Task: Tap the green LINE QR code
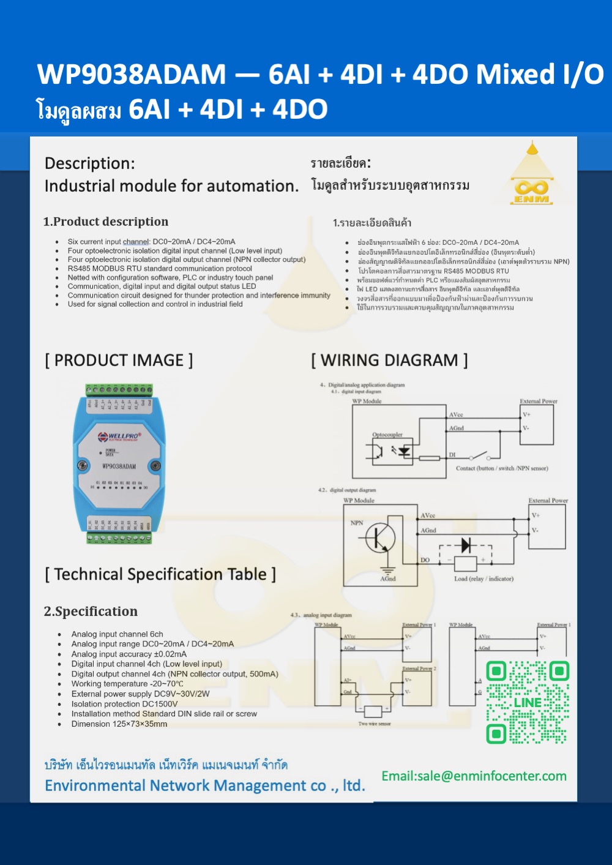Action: tap(528, 702)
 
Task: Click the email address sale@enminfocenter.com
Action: tap(474, 776)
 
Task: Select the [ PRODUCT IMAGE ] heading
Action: tap(119, 361)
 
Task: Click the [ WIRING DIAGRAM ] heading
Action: tap(389, 361)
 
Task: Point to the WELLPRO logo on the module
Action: tap(120, 436)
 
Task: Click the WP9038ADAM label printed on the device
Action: tap(119, 466)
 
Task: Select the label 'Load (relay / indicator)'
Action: tap(483, 579)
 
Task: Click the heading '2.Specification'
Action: tap(91, 612)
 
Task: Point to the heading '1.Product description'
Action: tap(106, 222)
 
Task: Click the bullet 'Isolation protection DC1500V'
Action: tap(124, 704)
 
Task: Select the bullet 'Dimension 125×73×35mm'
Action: tap(119, 724)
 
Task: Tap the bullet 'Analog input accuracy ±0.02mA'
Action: tap(129, 654)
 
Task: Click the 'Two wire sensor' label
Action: tap(375, 724)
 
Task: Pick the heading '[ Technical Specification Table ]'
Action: tap(160, 574)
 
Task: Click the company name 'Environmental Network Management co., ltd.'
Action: tap(204, 786)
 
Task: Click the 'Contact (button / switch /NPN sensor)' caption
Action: tap(502, 468)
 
